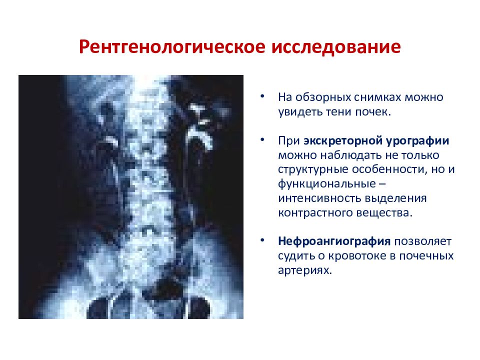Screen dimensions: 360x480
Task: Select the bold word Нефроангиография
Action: click(x=334, y=242)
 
